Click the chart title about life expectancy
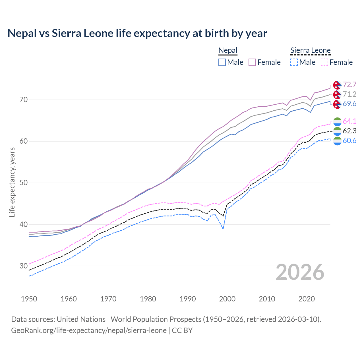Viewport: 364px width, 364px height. tap(137, 33)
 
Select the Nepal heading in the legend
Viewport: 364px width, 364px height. tap(228, 51)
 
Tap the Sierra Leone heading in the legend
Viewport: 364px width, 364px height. tap(310, 51)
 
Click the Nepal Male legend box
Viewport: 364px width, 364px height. tap(222, 62)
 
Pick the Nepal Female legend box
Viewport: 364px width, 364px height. tap(252, 62)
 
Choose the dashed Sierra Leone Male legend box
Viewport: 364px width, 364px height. tap(294, 62)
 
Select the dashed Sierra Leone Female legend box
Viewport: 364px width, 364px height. tap(324, 62)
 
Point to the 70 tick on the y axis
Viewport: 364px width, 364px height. tap(24, 100)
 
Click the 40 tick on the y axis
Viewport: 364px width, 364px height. tap(24, 224)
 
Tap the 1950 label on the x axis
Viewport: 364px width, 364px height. tap(29, 299)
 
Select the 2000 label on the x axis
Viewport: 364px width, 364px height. tap(227, 299)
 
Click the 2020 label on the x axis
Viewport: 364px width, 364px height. tap(307, 299)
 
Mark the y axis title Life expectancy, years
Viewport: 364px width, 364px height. tap(12, 182)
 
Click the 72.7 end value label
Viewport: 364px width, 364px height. tap(349, 85)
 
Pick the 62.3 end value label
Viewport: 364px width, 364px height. tap(349, 131)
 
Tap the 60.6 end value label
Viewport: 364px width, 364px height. tap(349, 140)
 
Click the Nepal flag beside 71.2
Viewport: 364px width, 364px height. tap(337, 94)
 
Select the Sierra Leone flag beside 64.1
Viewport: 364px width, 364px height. tap(337, 121)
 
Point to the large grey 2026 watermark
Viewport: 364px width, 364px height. tap(300, 272)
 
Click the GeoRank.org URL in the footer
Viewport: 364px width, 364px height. tap(89, 330)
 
